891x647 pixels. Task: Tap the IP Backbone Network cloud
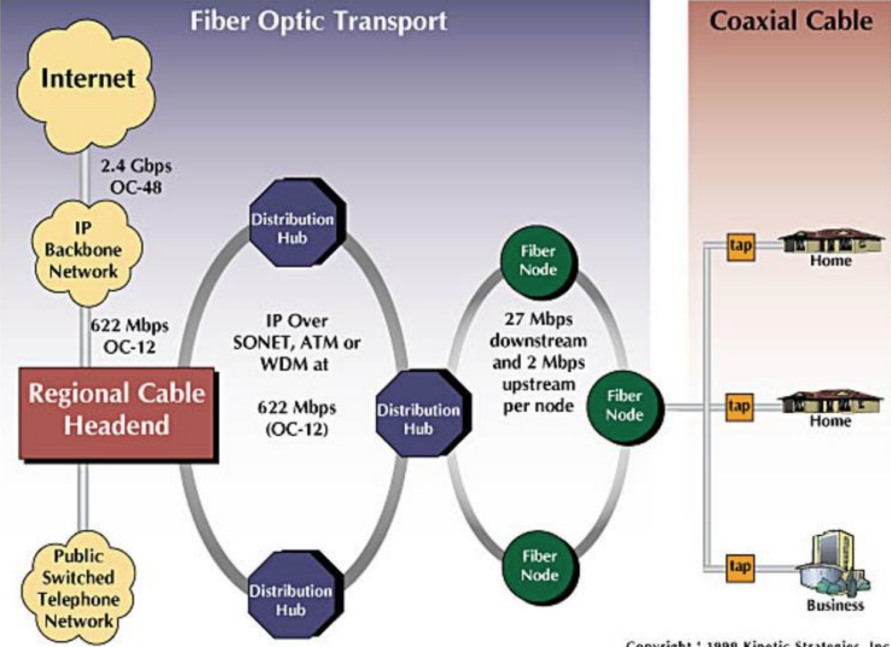tap(83, 251)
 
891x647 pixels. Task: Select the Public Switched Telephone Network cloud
tap(78, 588)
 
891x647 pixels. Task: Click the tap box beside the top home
tap(740, 245)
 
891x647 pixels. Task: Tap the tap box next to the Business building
tap(740, 567)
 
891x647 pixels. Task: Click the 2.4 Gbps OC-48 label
tap(136, 176)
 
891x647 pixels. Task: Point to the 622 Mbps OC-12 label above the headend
tap(129, 336)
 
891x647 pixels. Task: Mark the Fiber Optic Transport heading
tap(318, 22)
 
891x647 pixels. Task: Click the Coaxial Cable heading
tap(791, 21)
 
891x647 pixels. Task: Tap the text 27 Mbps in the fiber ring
tap(538, 319)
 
